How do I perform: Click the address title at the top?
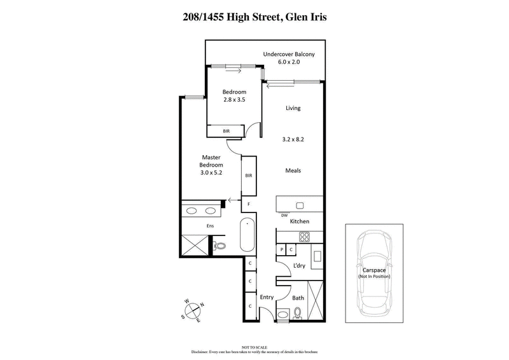[x=254, y=17]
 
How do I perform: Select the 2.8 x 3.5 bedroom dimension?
[x=234, y=100]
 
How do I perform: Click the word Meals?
[x=293, y=170]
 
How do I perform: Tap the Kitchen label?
[x=300, y=221]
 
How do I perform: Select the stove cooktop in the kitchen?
[x=304, y=237]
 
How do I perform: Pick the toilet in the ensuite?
[x=220, y=245]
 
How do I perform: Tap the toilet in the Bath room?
[x=298, y=312]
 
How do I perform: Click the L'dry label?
[x=299, y=266]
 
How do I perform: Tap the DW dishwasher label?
[x=284, y=216]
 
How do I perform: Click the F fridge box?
[x=249, y=204]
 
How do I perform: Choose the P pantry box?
[x=282, y=250]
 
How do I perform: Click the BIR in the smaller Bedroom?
[x=226, y=131]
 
